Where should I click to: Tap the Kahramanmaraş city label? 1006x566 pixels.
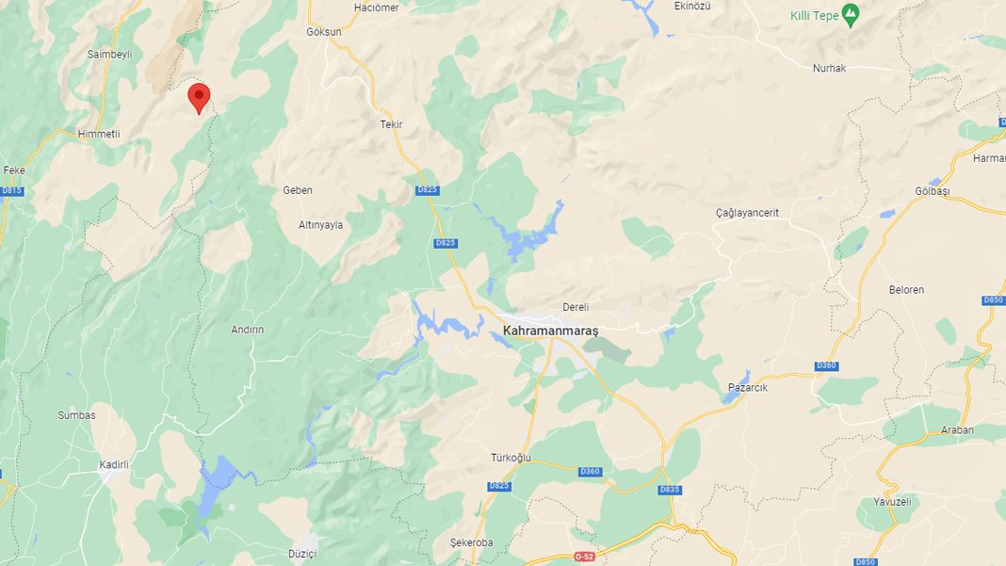[551, 331]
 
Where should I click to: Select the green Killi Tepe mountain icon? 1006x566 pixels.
[851, 14]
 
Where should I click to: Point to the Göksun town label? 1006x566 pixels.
[324, 31]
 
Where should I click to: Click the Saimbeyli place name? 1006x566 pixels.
[109, 55]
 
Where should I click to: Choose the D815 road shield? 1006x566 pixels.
[11, 190]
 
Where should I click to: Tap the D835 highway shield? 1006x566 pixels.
[670, 490]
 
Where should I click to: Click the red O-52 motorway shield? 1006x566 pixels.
[585, 557]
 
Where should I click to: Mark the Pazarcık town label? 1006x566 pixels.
[750, 387]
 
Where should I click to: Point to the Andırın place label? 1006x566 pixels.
[247, 330]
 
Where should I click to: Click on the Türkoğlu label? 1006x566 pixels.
[511, 458]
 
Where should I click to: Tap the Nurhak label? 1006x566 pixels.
[831, 68]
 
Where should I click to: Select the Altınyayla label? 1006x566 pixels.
[320, 225]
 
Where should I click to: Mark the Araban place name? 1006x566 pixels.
[957, 429]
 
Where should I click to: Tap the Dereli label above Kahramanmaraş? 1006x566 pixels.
[575, 307]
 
